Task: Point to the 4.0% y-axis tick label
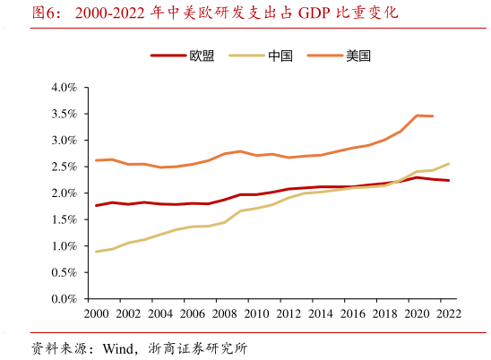pyautogui.click(x=65, y=88)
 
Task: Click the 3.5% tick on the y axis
pyautogui.click(x=65, y=114)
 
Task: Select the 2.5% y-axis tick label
pyautogui.click(x=65, y=167)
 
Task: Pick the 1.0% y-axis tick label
pyautogui.click(x=65, y=246)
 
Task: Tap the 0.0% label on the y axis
pyautogui.click(x=65, y=299)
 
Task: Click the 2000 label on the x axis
pyautogui.click(x=96, y=314)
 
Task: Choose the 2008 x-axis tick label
pyautogui.click(x=224, y=314)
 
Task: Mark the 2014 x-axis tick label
pyautogui.click(x=320, y=314)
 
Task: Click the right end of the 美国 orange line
pyautogui.click(x=433, y=116)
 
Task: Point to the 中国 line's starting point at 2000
pyautogui.click(x=96, y=252)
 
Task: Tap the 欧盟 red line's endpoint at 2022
pyautogui.click(x=448, y=181)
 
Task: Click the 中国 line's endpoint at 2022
pyautogui.click(x=448, y=164)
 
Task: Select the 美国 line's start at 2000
pyautogui.click(x=96, y=160)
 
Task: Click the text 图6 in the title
pyautogui.click(x=45, y=13)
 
